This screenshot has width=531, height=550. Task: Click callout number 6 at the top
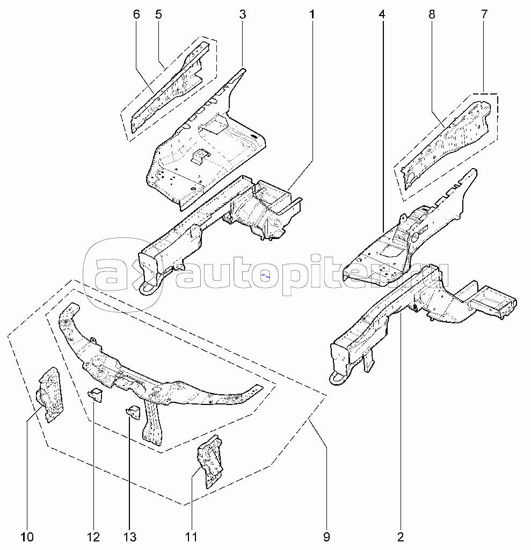pyautogui.click(x=136, y=15)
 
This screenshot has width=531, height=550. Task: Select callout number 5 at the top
pyautogui.click(x=158, y=15)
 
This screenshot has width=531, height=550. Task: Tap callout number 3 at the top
pyautogui.click(x=243, y=15)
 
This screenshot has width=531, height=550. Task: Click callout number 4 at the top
pyautogui.click(x=382, y=15)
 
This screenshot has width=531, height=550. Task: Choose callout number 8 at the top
pyautogui.click(x=432, y=15)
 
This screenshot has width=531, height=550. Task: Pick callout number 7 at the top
pyautogui.click(x=484, y=15)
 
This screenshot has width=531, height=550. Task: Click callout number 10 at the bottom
pyautogui.click(x=27, y=537)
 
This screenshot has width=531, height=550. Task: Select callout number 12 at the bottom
pyautogui.click(x=93, y=537)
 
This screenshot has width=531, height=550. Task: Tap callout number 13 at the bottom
pyautogui.click(x=130, y=537)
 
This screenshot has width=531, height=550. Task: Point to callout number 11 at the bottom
pyautogui.click(x=191, y=537)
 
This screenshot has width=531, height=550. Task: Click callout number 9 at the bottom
pyautogui.click(x=326, y=537)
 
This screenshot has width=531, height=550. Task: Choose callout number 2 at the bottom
pyautogui.click(x=401, y=537)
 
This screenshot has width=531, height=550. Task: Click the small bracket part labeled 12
pyautogui.click(x=95, y=395)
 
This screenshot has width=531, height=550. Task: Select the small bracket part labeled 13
pyautogui.click(x=133, y=411)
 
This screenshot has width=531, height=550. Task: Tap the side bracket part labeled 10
pyautogui.click(x=50, y=395)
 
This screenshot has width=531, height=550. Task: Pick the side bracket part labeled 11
pyautogui.click(x=210, y=461)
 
